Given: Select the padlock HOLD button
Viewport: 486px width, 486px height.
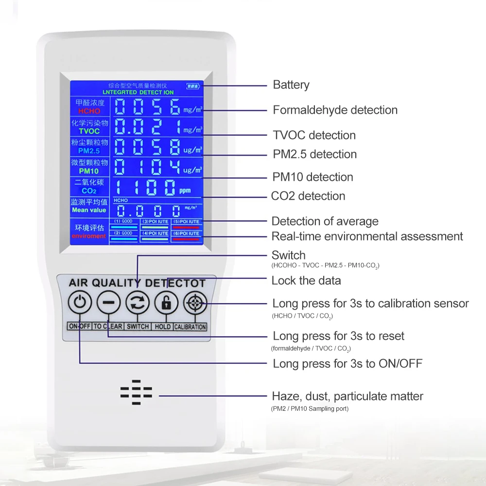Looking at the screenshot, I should coord(166,303).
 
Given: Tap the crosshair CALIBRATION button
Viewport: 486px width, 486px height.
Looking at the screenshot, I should coord(195,303).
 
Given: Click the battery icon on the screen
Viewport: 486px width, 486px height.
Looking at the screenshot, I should coord(193,87).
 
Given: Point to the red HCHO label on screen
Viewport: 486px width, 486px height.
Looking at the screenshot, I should coord(88,111).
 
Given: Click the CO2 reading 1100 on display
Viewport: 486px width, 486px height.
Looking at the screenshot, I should coord(146,187).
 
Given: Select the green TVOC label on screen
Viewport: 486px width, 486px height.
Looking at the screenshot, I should coord(89,131).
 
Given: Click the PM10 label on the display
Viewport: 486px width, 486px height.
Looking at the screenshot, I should coord(88,171).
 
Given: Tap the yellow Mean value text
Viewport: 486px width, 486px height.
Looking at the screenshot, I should coord(89,210).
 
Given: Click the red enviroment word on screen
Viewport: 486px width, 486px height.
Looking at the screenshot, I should coord(89,236).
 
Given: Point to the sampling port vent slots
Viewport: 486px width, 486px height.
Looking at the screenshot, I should coord(136,393).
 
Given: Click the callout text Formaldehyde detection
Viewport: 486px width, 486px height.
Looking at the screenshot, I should coord(335,110).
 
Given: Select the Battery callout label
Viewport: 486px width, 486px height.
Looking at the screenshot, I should coord(291,85).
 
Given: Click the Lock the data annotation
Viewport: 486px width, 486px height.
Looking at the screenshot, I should coord(306,280).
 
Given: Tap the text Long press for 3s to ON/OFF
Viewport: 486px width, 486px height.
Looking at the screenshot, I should coord(347,364).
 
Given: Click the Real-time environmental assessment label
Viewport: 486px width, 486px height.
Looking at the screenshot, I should coord(367,237).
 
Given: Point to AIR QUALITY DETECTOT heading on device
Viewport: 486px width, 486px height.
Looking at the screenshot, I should coord(137,283).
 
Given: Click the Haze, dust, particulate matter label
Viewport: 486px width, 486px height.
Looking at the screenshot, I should coord(347,396).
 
